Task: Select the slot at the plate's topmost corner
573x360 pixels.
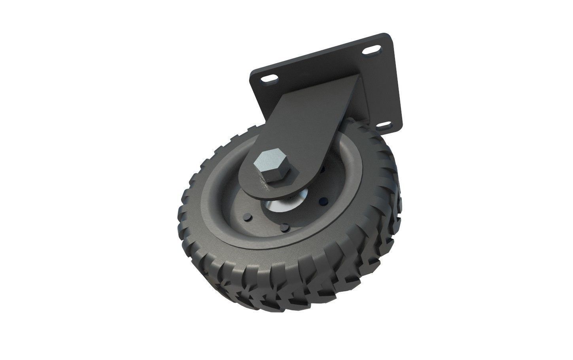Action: pyautogui.click(x=371, y=51)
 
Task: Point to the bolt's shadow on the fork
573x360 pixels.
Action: pyautogui.click(x=277, y=182)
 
